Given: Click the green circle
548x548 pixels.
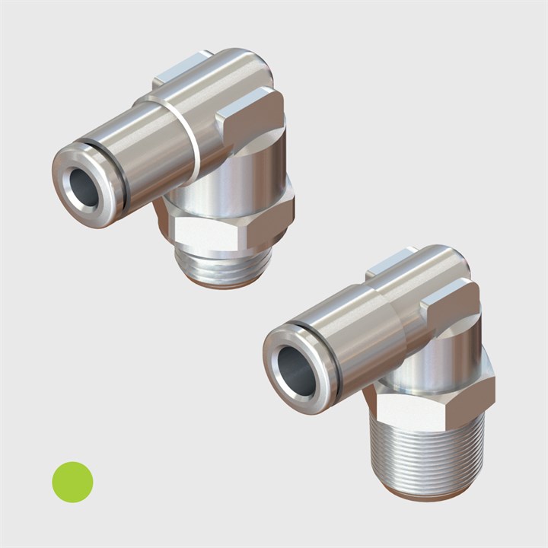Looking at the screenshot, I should [x=72, y=482].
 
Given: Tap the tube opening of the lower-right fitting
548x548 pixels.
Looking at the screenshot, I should [x=296, y=371].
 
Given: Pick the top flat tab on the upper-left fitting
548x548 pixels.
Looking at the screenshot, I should [x=183, y=70].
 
